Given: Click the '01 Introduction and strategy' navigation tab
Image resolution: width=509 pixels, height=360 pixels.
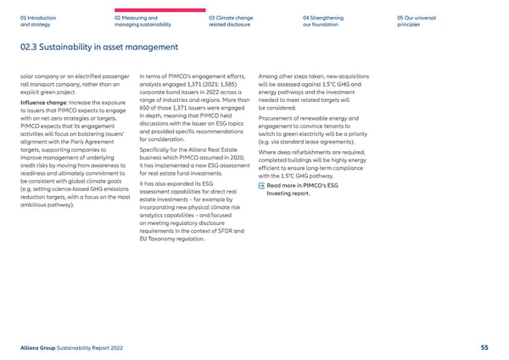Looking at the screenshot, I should (x=36, y=20).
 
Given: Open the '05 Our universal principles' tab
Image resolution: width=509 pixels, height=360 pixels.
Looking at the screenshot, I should (x=415, y=20).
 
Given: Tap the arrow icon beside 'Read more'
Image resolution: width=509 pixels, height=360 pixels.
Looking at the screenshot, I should (x=260, y=185).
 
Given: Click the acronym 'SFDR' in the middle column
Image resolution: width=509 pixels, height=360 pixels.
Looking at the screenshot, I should (x=226, y=230).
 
